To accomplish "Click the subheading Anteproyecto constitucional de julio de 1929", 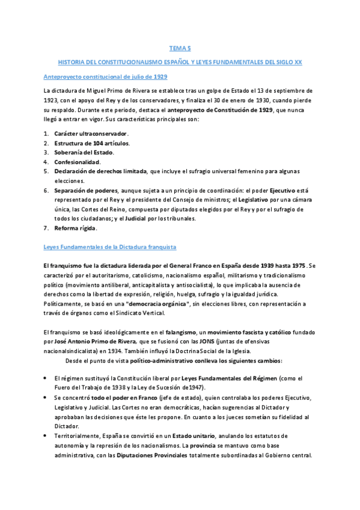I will [105, 77].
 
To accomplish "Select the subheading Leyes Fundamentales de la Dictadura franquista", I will [110, 247].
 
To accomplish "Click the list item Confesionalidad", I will [77, 162].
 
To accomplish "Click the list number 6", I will [46, 190].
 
